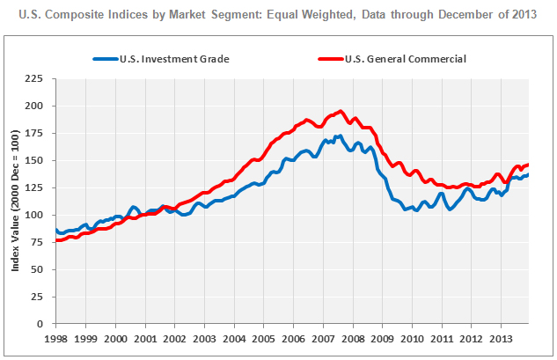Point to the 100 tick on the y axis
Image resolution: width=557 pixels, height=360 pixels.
click(x=38, y=215)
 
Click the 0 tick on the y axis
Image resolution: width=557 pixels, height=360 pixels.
click(x=44, y=324)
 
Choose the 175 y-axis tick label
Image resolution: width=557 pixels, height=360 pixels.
click(x=38, y=133)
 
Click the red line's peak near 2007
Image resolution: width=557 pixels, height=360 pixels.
click(x=341, y=112)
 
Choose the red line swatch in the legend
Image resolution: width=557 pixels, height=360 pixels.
click(x=334, y=59)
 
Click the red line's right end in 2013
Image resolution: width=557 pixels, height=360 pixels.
click(x=528, y=165)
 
